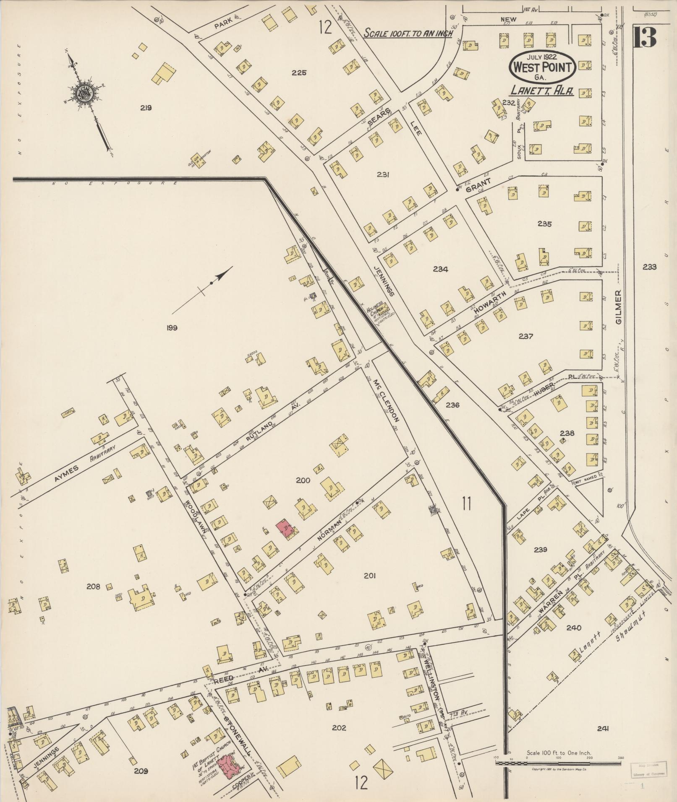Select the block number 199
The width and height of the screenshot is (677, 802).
(x=172, y=328)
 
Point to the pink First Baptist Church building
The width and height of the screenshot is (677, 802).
(x=229, y=767)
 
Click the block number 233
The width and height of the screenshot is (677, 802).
(x=649, y=267)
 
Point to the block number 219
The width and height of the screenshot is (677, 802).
(x=146, y=108)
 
